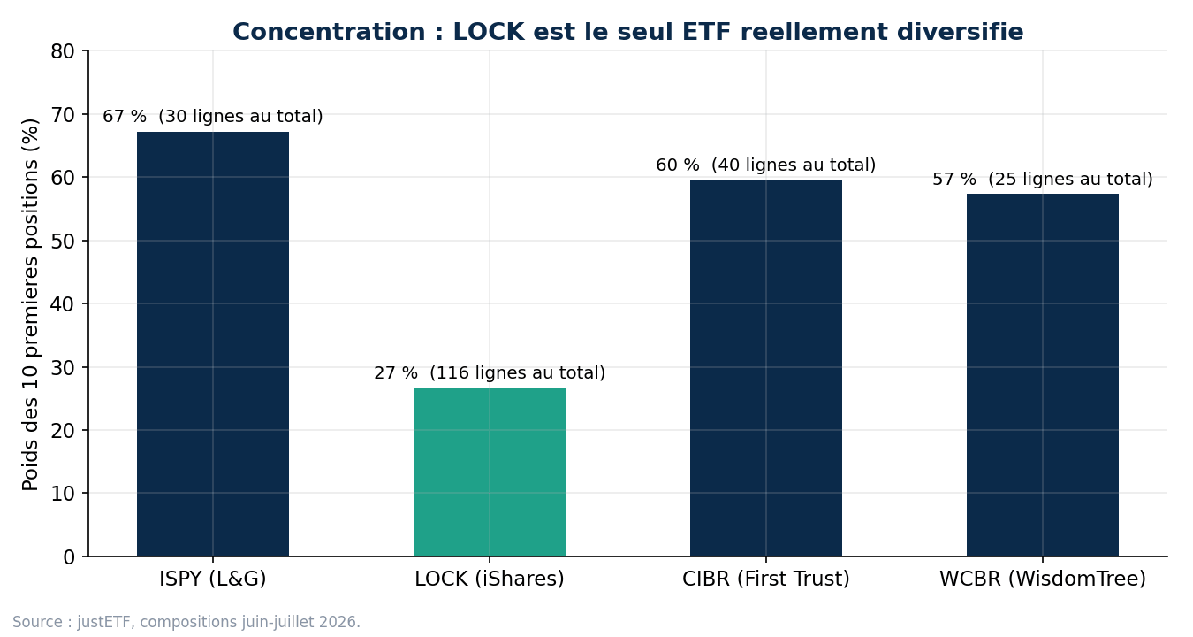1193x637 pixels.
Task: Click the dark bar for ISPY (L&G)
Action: pyautogui.click(x=213, y=344)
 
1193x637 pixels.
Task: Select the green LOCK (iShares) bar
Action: pyautogui.click(x=490, y=472)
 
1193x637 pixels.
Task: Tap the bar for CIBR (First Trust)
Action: pyautogui.click(x=766, y=368)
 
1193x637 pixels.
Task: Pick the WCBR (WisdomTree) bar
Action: pyautogui.click(x=1042, y=375)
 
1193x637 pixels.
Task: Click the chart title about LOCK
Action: pyautogui.click(x=628, y=32)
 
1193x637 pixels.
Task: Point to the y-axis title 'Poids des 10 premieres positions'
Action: pyautogui.click(x=31, y=304)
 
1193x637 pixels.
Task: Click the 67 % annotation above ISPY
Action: pyautogui.click(x=212, y=116)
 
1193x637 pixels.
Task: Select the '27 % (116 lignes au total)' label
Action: pyautogui.click(x=490, y=372)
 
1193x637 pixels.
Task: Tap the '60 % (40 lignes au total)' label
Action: pyautogui.click(x=765, y=165)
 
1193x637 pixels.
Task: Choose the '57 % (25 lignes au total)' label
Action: pyautogui.click(x=1042, y=179)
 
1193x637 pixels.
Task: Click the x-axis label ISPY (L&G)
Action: pyautogui.click(x=212, y=579)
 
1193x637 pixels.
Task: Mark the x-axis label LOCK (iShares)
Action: pyautogui.click(x=490, y=579)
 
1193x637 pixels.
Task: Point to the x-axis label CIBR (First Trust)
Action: pyautogui.click(x=766, y=579)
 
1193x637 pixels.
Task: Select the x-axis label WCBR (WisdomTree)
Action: pyautogui.click(x=1042, y=579)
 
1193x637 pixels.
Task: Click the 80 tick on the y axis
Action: pyautogui.click(x=63, y=51)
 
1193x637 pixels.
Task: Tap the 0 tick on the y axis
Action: pyautogui.click(x=69, y=557)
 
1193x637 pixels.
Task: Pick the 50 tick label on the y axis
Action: pyautogui.click(x=63, y=241)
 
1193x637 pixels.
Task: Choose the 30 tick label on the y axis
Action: pyautogui.click(x=63, y=367)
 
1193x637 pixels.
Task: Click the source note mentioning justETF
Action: pyautogui.click(x=186, y=622)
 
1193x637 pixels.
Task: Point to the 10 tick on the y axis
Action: pyautogui.click(x=63, y=494)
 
